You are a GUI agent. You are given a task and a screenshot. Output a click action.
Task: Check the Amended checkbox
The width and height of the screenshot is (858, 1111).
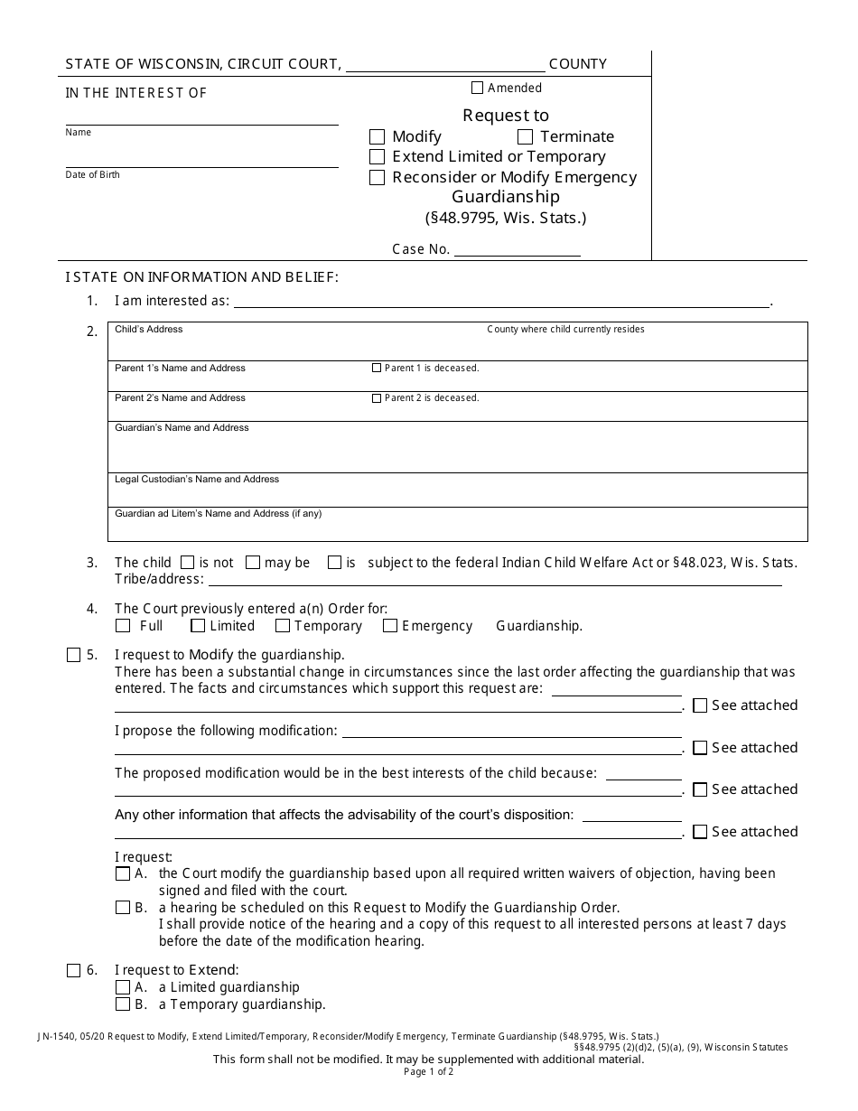[478, 89]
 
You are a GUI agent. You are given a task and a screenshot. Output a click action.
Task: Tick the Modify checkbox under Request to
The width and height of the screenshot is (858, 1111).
[377, 137]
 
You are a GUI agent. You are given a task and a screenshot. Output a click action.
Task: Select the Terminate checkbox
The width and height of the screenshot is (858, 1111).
[525, 137]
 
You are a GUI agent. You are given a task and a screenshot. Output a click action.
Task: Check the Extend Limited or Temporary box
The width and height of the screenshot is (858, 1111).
[377, 157]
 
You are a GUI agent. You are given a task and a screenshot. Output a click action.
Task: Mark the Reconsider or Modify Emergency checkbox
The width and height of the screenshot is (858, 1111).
[377, 178]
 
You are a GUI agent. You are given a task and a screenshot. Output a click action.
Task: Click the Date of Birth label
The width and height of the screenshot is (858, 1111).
[92, 174]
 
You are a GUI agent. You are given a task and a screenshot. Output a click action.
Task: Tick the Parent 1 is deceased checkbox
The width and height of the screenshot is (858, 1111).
[377, 369]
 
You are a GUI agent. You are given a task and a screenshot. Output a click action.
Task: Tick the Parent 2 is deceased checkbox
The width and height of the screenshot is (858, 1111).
[377, 398]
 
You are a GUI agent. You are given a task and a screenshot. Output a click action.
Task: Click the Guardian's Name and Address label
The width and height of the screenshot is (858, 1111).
[182, 428]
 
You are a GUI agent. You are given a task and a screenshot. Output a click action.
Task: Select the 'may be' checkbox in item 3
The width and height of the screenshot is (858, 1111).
[253, 563]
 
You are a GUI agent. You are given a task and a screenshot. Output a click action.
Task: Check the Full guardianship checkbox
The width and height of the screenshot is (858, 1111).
[123, 626]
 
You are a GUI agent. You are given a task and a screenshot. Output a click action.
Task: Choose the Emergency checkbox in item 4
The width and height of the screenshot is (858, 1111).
[390, 626]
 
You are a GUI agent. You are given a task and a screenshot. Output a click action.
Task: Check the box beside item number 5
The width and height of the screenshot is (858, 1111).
[73, 656]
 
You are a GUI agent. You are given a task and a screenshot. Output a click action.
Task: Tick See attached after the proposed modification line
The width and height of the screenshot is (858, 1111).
[700, 748]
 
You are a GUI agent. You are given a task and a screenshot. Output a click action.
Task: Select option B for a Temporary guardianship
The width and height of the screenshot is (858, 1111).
[123, 1004]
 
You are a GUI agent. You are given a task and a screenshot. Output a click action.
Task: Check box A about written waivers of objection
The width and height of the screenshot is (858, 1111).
[123, 874]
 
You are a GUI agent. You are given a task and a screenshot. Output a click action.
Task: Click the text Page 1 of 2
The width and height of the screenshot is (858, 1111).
[428, 1072]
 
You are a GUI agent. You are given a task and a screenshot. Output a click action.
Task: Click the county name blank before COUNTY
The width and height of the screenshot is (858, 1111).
[445, 65]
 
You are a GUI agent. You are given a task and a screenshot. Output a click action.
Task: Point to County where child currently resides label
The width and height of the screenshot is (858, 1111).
[565, 330]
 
